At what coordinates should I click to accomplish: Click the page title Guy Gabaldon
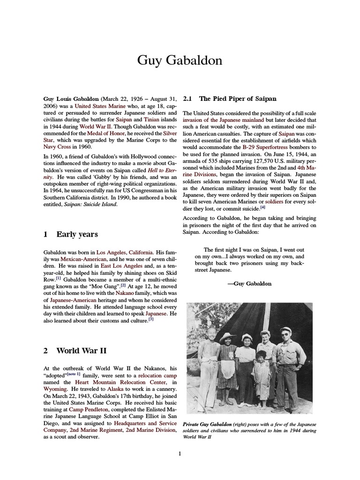coord(180,60)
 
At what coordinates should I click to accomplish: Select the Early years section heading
coord(77,234)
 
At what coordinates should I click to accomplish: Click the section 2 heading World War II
coord(82,350)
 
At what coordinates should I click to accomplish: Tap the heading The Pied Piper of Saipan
coord(238,99)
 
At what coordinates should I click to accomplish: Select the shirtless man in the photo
coord(208,366)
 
